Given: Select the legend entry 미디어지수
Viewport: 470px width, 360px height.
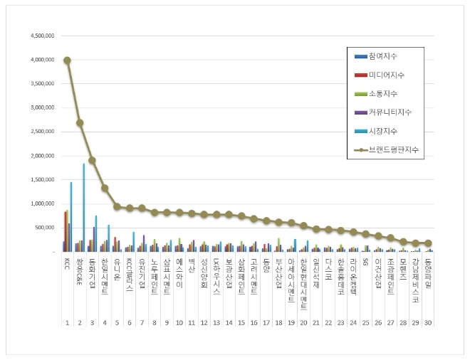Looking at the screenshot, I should (x=382, y=75).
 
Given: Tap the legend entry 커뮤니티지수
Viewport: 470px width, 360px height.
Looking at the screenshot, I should (x=387, y=112).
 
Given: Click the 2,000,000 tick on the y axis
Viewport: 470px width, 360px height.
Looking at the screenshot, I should (x=40, y=156).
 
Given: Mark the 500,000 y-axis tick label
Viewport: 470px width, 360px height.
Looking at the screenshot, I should (x=43, y=228).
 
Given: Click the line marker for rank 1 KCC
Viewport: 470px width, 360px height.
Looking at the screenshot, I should (x=67, y=60).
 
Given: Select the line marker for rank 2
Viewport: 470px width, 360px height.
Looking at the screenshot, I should (x=80, y=122).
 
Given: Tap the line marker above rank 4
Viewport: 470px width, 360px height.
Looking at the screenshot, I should (x=105, y=188).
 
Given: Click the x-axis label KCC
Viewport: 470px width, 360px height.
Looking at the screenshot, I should (x=67, y=263).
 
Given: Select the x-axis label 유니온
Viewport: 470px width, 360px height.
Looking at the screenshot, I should (x=117, y=268).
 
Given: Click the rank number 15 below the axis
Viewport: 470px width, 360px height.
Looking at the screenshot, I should (x=241, y=322).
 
